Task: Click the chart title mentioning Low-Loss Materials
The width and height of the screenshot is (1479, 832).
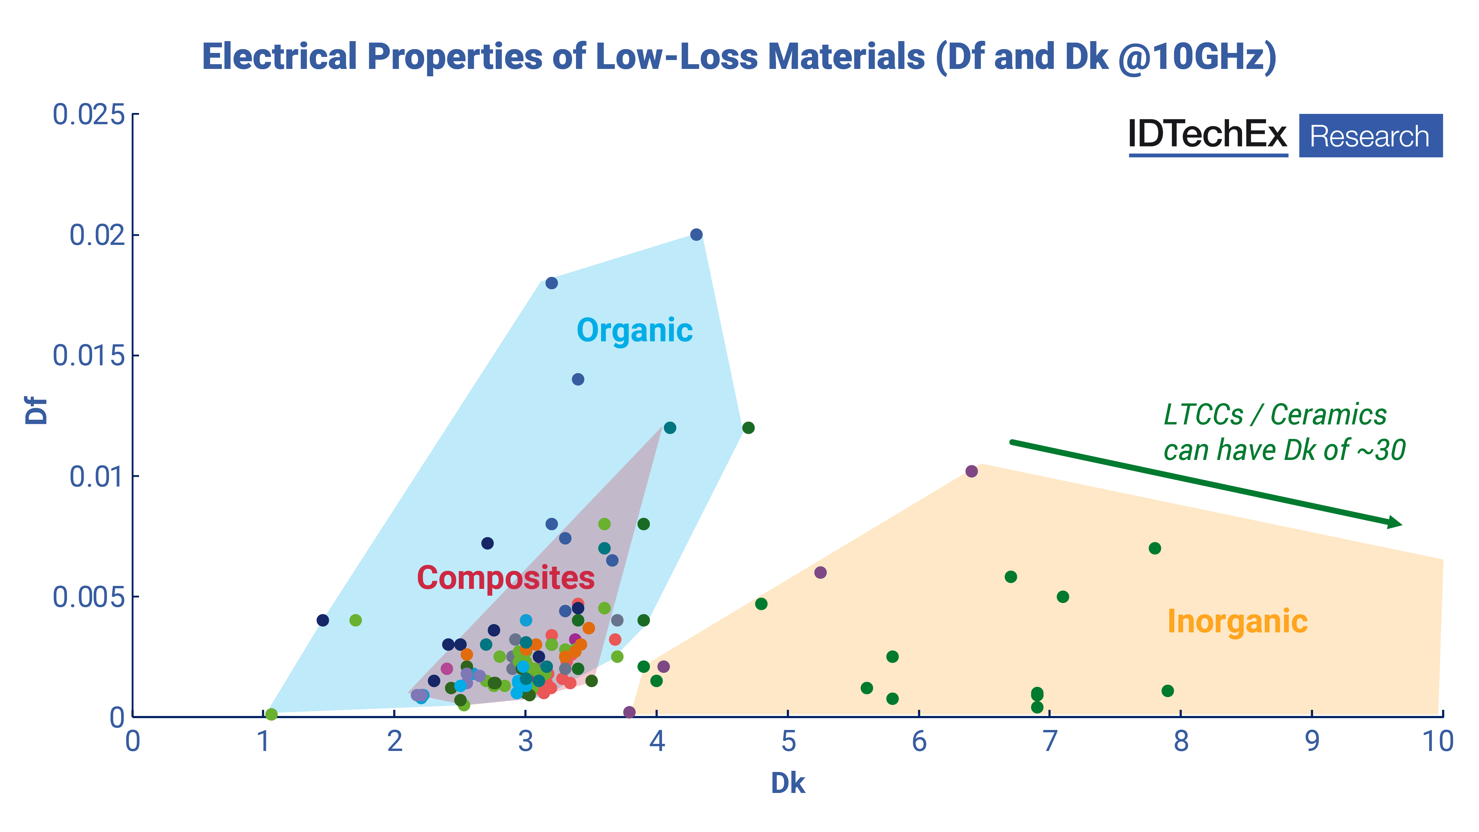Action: pos(739,57)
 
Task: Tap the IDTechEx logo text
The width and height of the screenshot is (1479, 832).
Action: pos(1207,135)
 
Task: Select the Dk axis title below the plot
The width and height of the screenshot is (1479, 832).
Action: pos(788,783)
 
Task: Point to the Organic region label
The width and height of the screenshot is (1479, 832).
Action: pos(634,331)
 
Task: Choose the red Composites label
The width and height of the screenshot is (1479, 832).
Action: pos(505,578)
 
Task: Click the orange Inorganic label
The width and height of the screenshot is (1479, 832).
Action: pos(1237,621)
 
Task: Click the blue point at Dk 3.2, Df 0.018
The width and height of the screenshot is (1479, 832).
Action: pos(551,283)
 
